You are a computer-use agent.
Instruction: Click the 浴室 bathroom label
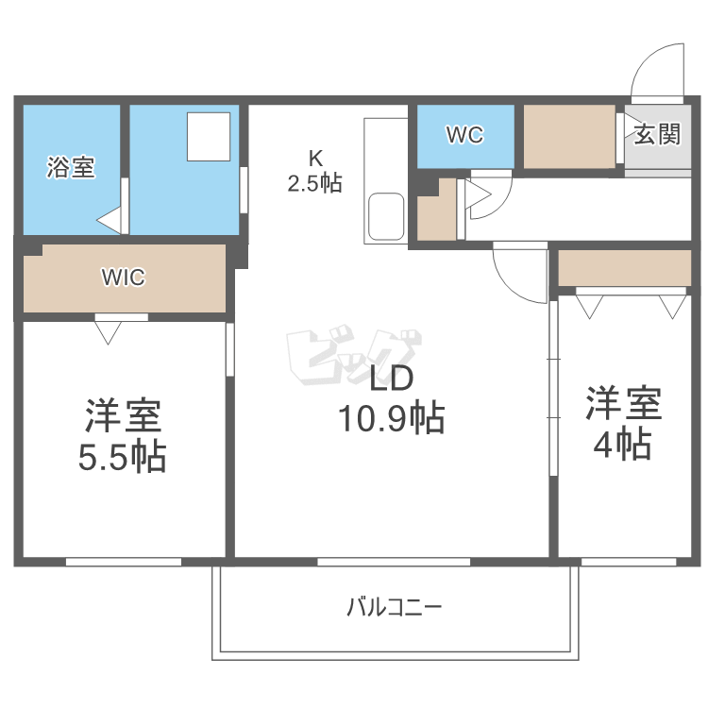pos(71,169)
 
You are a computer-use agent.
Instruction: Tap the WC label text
pos(464,136)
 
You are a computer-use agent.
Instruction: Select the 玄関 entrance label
pos(656,134)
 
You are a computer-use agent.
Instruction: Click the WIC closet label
pos(124,278)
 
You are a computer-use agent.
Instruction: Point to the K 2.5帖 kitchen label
pos(314,170)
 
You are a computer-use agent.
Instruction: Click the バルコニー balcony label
pos(394,607)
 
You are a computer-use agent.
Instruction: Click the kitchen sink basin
pos(387,216)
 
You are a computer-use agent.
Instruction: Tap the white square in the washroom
pos(208,137)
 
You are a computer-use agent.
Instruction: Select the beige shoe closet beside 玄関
pos(569,137)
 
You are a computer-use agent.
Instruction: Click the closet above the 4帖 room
pos(624,267)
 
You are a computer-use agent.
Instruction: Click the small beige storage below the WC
pos(435,212)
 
